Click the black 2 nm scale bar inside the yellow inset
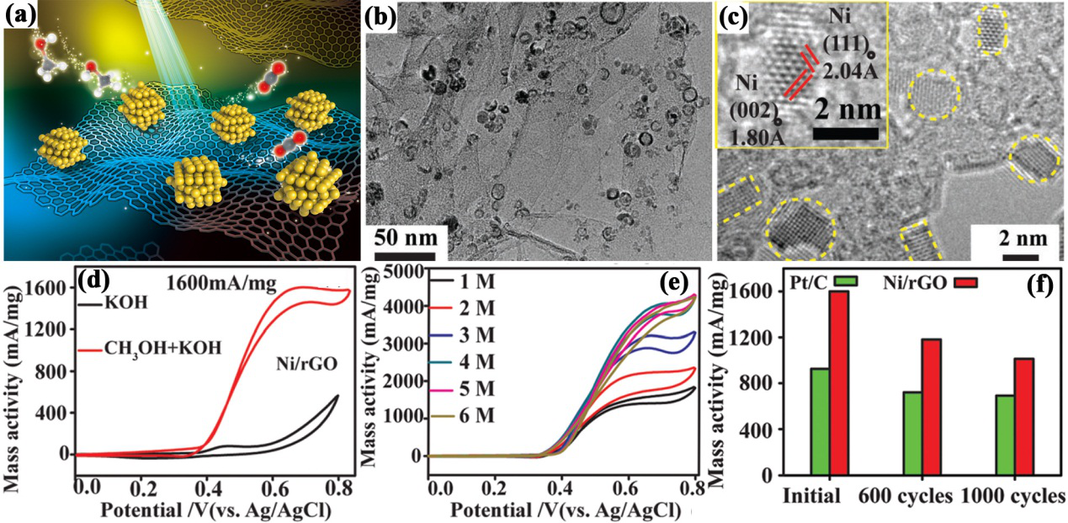tap(847, 133)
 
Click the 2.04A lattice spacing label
tap(853, 71)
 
